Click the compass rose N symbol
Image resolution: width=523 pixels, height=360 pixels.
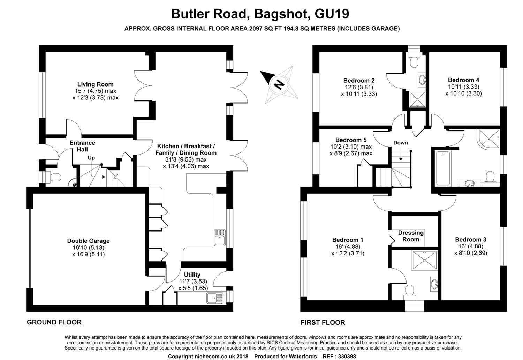278,84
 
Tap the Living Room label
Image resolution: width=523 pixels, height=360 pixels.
95,84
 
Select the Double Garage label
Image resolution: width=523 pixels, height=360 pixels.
88,241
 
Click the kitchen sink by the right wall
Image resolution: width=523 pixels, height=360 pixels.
220,238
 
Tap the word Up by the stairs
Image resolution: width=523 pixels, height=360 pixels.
91,158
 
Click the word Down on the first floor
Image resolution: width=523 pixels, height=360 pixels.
401,143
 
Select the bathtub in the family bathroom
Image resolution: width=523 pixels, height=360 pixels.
443,167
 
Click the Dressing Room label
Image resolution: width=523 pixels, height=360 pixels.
411,236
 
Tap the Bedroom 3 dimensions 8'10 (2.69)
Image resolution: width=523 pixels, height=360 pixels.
470,253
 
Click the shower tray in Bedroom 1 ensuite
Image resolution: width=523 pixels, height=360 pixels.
425,260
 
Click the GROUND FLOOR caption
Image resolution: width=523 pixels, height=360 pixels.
54,322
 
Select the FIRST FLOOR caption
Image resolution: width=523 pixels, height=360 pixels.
323,323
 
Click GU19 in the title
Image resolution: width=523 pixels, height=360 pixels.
332,14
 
